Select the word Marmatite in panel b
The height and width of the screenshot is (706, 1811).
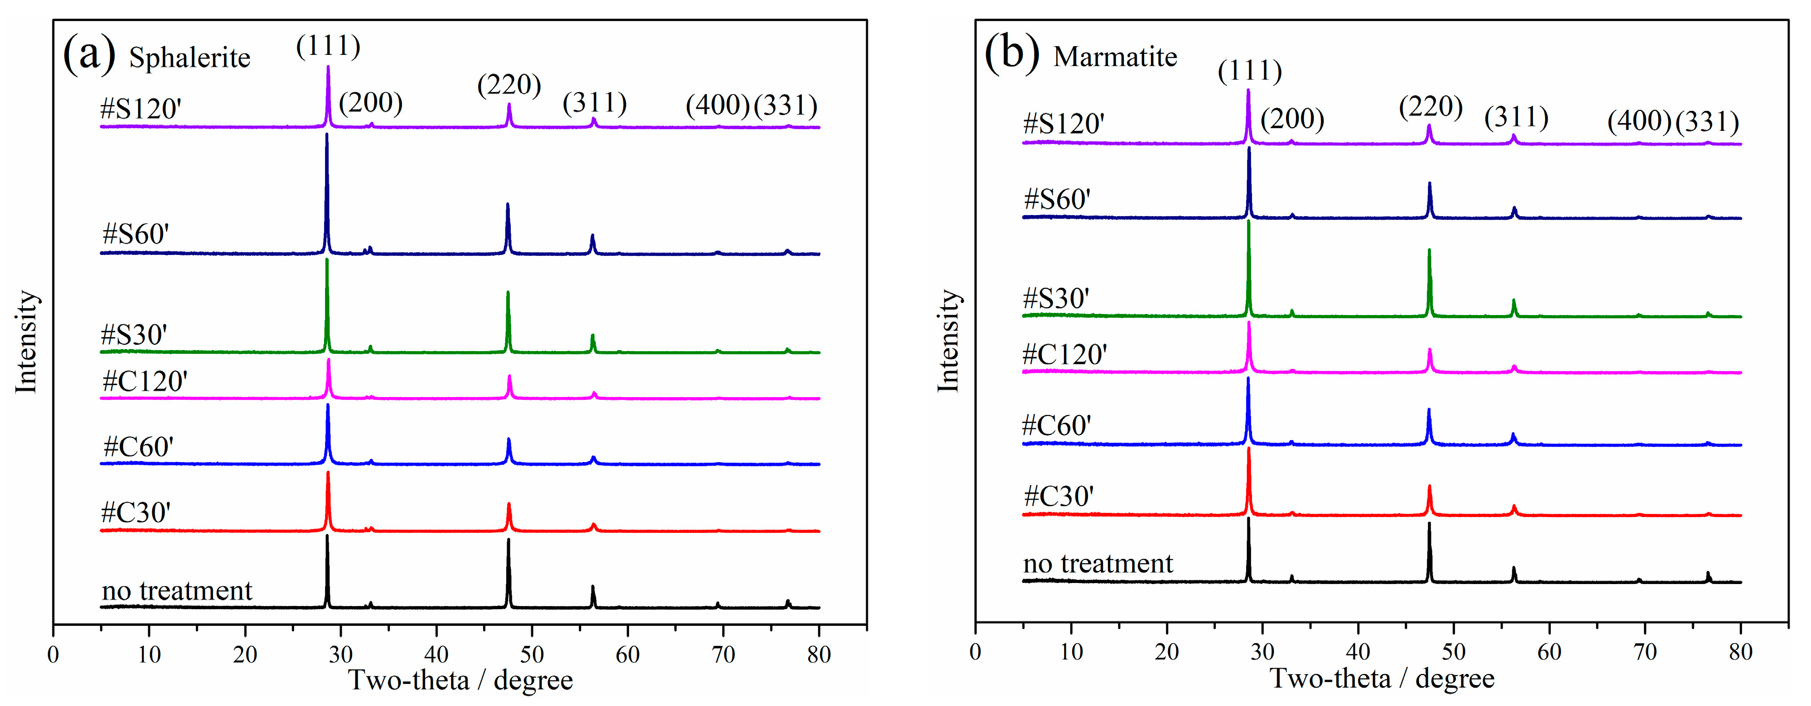[x=1114, y=56]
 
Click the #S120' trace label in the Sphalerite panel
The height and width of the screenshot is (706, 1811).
[x=141, y=109]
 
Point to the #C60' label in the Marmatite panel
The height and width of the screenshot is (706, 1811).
[x=1057, y=425]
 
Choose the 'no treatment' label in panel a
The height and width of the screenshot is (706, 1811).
[x=176, y=591]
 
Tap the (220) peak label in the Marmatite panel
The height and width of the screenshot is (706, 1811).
[x=1430, y=106]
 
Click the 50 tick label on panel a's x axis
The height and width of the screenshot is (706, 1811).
[x=532, y=655]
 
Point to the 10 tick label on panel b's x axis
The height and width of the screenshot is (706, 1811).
[x=1071, y=652]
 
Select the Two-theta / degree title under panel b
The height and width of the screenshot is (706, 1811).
[x=1381, y=679]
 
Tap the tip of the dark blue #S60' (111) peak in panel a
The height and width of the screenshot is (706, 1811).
[x=327, y=135]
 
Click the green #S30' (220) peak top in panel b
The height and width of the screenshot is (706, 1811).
[x=1429, y=250]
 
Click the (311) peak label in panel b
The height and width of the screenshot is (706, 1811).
[x=1516, y=117]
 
